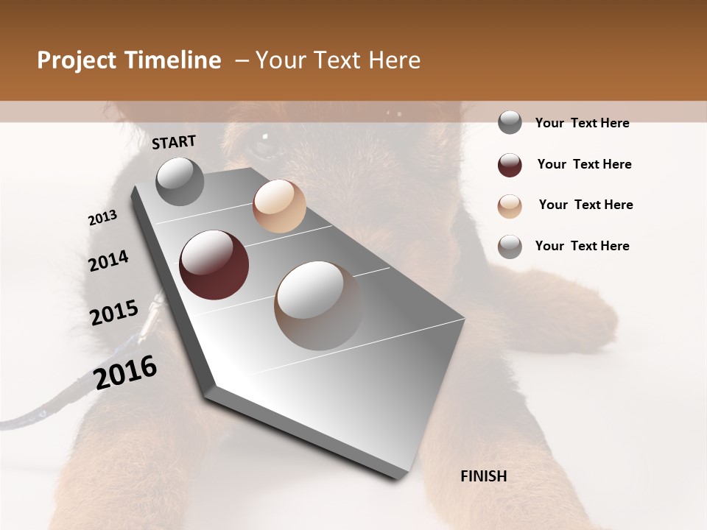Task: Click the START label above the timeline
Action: coord(174,142)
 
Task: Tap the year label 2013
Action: coord(102,218)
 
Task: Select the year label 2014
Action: coord(108,261)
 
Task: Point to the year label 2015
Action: coord(114,313)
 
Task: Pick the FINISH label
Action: coord(483,476)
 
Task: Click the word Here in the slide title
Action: coord(394,60)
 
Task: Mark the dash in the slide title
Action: coord(241,60)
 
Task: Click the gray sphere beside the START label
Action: coord(180,181)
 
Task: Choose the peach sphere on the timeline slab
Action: coord(279,206)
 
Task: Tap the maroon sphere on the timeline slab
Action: coord(214,265)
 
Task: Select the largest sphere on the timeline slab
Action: coord(319,305)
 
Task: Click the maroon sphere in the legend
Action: coord(510,165)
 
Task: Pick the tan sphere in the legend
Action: coord(510,205)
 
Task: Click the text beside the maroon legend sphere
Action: coord(584,164)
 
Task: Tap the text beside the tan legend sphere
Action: coord(585,205)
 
